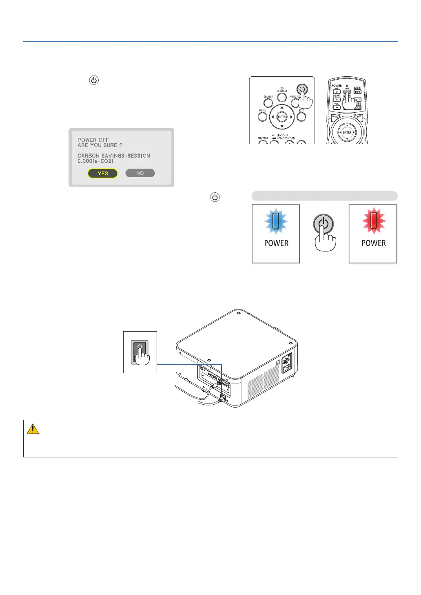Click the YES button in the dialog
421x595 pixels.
point(103,174)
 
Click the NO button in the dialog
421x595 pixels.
point(140,173)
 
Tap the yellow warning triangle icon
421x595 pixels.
point(33,429)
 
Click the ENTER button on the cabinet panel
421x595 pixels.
point(282,117)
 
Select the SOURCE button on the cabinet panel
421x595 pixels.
point(268,103)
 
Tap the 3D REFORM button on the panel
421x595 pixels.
point(282,98)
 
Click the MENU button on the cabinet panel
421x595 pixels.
point(263,117)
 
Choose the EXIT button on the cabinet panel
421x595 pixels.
point(301,117)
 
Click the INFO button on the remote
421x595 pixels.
point(357,92)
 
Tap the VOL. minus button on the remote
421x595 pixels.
point(337,107)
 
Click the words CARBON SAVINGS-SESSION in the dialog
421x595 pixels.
point(114,156)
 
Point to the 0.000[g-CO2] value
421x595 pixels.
point(95,161)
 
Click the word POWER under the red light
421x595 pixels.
point(374,243)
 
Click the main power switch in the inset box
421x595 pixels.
point(140,351)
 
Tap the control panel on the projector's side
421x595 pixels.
point(287,362)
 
